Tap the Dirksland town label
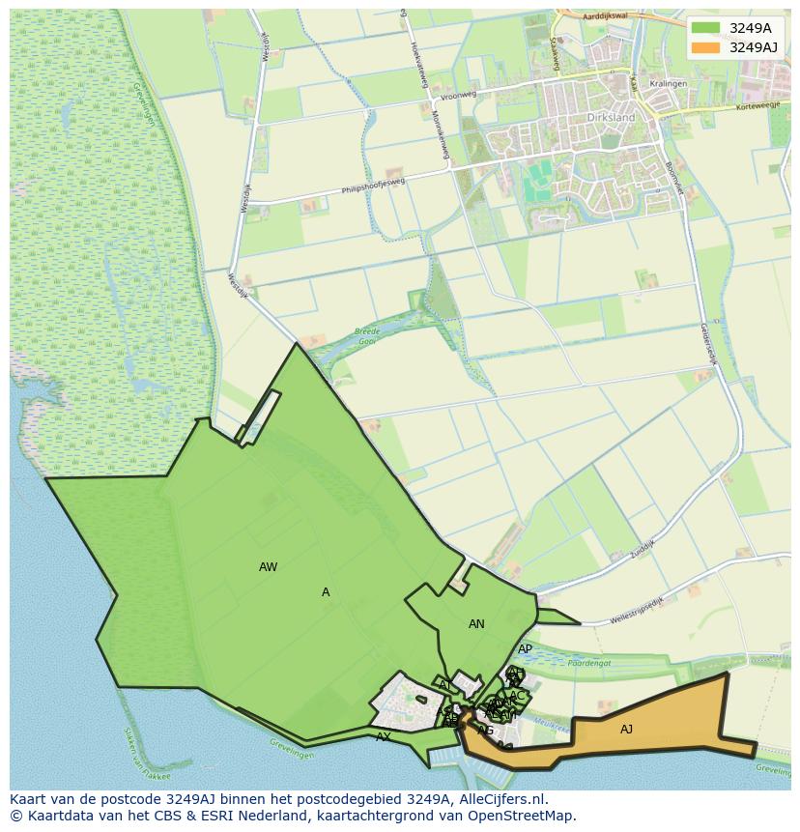[611, 117]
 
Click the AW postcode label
[269, 567]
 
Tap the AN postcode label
[476, 624]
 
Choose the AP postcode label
[525, 649]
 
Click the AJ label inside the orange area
[626, 730]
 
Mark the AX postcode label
[384, 736]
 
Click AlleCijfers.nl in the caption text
[500, 799]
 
